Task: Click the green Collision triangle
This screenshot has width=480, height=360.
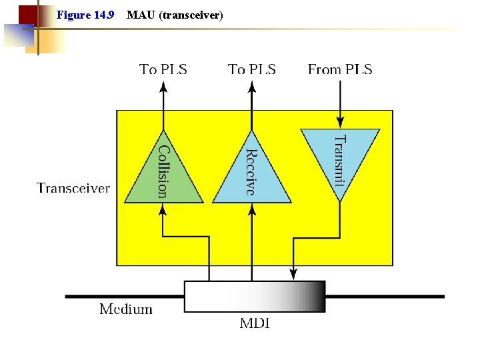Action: tap(163, 177)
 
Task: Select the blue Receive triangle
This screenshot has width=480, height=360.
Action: tap(251, 177)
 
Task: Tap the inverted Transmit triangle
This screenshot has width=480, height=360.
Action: tap(340, 153)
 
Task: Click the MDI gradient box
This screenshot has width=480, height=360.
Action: tap(254, 297)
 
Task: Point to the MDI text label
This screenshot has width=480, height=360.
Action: tap(255, 324)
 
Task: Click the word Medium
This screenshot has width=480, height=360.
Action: tap(126, 309)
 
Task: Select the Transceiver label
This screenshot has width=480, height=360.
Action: tap(73, 188)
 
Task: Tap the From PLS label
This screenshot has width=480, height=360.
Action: tap(340, 69)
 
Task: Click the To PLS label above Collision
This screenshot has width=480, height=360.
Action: tap(163, 69)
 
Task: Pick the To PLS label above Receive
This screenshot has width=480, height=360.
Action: tap(252, 69)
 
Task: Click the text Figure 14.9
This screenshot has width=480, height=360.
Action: tap(85, 14)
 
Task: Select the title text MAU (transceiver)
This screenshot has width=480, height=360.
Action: tap(174, 14)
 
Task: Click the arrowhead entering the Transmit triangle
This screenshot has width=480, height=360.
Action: tap(340, 122)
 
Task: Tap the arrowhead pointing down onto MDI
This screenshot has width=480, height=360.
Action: tap(293, 273)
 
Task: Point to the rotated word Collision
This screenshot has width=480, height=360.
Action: tap(163, 172)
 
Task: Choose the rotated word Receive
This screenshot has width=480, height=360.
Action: tap(250, 172)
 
